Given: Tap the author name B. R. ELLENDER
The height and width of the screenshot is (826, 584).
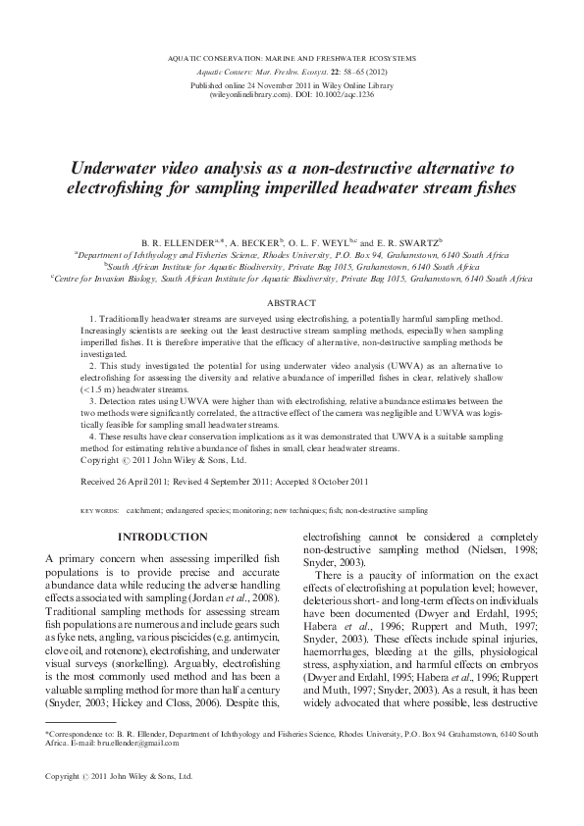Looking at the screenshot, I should tap(177, 240).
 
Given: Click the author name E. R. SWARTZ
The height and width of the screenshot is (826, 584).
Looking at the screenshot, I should tap(405, 240).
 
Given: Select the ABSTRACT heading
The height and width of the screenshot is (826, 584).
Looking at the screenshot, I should tap(292, 304).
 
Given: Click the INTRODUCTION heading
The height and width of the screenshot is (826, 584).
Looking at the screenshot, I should tap(163, 537).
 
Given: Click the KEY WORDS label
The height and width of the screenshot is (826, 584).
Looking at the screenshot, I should tap(99, 511).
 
